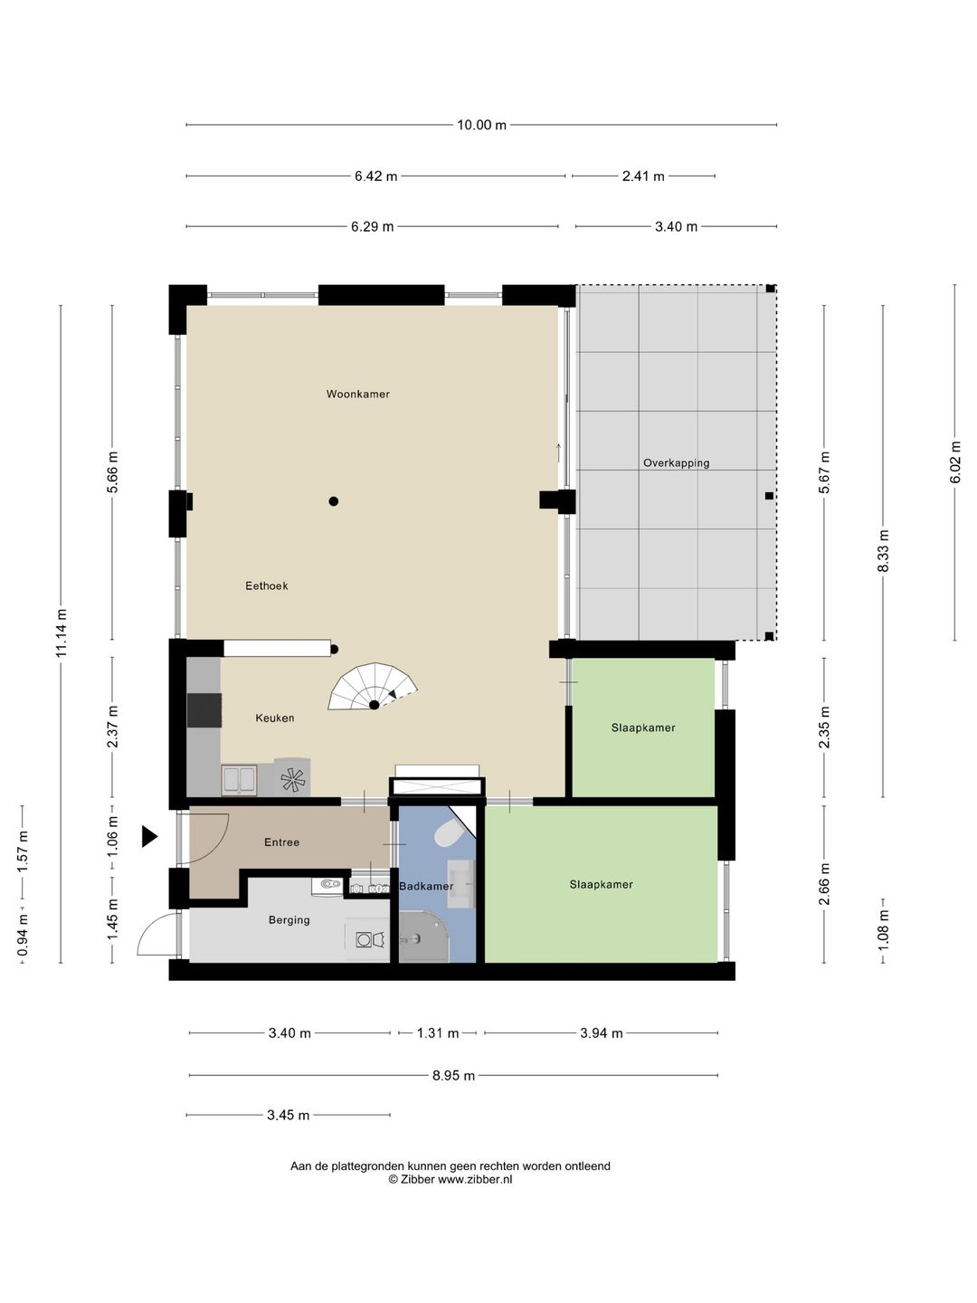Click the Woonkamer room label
[x=357, y=395]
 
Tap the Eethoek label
[x=266, y=586]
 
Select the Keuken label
[x=275, y=718]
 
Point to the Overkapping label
[x=677, y=463]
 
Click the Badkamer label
[x=426, y=886]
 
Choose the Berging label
[x=289, y=920]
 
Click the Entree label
[x=281, y=842]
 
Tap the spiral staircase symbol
[x=373, y=688]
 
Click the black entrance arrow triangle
[x=149, y=837]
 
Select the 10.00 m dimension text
[x=481, y=125]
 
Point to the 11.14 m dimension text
[x=62, y=633]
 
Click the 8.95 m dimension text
[x=454, y=1075]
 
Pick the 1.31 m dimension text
[x=438, y=1033]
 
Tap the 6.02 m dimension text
[x=955, y=462]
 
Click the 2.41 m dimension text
[x=643, y=176]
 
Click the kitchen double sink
[x=239, y=780]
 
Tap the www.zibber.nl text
[x=475, y=1180]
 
